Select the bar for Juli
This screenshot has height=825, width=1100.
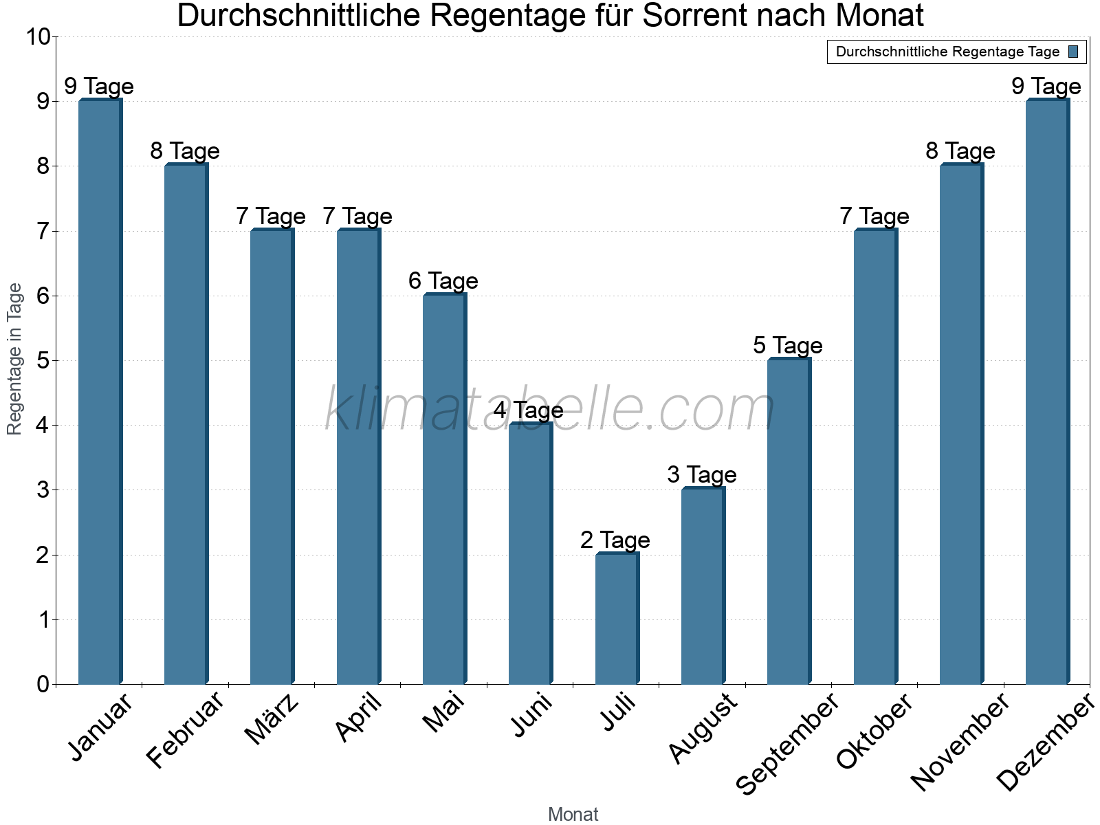coord(617,619)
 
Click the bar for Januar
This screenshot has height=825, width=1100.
coord(100,392)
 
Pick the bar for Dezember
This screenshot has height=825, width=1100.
coord(1047,392)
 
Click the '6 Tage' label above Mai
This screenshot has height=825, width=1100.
coord(443,281)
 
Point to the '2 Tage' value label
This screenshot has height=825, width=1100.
coord(615,540)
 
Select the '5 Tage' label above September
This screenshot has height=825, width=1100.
coord(788,346)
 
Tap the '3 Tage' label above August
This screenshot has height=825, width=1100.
coord(702,475)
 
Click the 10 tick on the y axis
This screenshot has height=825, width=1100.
coord(38,37)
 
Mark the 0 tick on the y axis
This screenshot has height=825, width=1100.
coord(43,685)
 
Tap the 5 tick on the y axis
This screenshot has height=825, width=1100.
coord(43,361)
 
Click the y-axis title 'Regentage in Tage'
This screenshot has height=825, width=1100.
coord(15,359)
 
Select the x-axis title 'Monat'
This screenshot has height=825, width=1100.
coord(573,815)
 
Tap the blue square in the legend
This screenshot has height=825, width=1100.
coord(1073,52)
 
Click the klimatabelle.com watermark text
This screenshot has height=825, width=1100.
coord(550,410)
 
